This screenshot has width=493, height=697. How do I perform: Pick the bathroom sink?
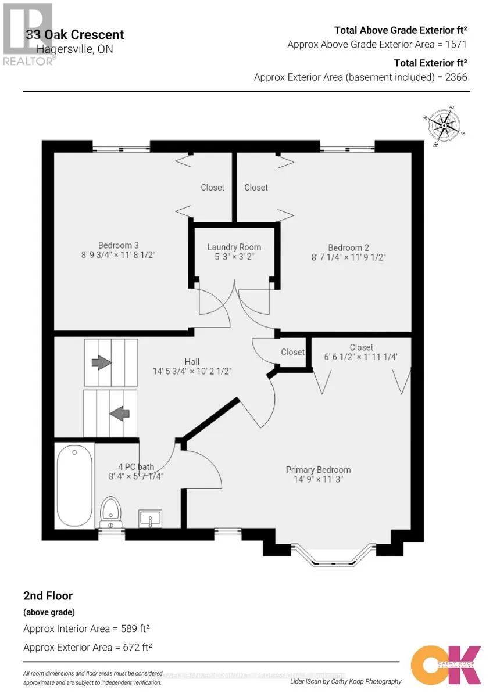click(150, 518)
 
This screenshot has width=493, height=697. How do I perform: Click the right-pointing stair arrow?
click(102, 362)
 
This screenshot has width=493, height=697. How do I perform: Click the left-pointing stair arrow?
click(119, 414)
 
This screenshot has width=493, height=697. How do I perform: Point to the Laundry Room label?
click(234, 247)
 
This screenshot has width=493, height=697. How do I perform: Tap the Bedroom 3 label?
click(118, 245)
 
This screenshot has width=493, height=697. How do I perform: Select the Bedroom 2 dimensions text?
click(348, 256)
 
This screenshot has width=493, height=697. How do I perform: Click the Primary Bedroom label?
click(318, 470)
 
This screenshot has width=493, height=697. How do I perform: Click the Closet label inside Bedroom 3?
click(212, 187)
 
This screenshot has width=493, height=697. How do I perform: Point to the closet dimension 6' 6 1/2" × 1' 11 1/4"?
click(361, 357)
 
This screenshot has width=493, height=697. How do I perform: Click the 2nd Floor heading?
click(48, 595)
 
